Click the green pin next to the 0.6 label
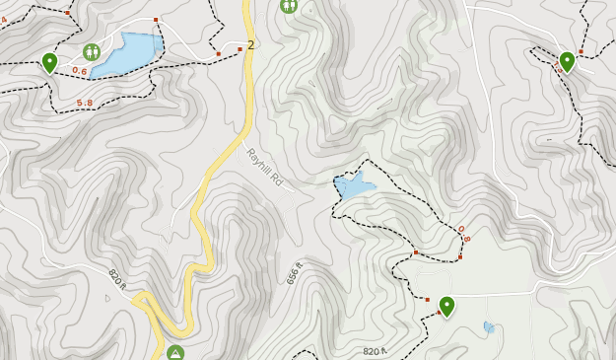(49, 63)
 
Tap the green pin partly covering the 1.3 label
(567, 61)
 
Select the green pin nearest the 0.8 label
(446, 306)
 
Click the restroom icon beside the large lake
(92, 51)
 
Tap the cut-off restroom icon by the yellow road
(289, 5)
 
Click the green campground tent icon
(175, 352)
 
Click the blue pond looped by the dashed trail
(353, 184)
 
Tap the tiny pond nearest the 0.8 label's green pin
(489, 326)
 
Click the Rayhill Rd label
(264, 168)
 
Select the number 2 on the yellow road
(251, 45)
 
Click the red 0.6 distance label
(79, 71)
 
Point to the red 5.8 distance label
(84, 103)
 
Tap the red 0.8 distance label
(463, 234)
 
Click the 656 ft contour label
(294, 272)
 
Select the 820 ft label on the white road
(116, 279)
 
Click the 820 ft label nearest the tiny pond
(375, 351)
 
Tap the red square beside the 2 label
(240, 48)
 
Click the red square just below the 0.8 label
(460, 256)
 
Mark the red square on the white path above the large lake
(156, 19)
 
